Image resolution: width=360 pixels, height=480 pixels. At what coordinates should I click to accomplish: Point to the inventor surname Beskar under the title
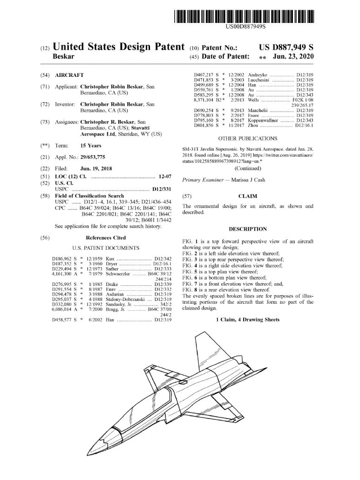tap(65, 57)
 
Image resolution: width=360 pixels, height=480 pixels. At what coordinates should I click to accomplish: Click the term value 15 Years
tap(90, 145)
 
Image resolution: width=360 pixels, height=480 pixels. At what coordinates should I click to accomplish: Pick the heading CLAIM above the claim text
tap(247, 196)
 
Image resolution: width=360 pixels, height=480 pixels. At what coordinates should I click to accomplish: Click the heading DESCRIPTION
tap(247, 229)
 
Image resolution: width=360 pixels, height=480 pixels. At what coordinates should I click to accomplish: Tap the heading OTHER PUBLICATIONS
tap(247, 138)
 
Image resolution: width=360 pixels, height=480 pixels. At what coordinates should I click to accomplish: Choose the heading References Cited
tap(105, 238)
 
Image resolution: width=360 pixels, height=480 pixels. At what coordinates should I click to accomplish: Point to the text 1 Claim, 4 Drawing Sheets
tap(247, 320)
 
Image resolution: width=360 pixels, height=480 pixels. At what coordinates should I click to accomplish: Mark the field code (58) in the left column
tap(45, 196)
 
